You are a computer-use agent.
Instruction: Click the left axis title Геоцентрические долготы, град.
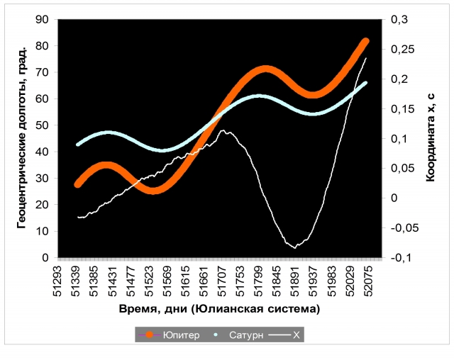[x=22, y=139]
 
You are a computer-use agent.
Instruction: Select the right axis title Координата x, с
[x=431, y=139]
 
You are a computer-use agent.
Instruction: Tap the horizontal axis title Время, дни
[x=218, y=310]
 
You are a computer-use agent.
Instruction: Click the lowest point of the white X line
[x=295, y=247]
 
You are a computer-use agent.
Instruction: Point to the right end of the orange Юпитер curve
[x=366, y=42]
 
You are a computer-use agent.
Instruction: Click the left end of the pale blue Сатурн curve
[x=79, y=144]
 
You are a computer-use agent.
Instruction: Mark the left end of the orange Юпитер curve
[x=79, y=184]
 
